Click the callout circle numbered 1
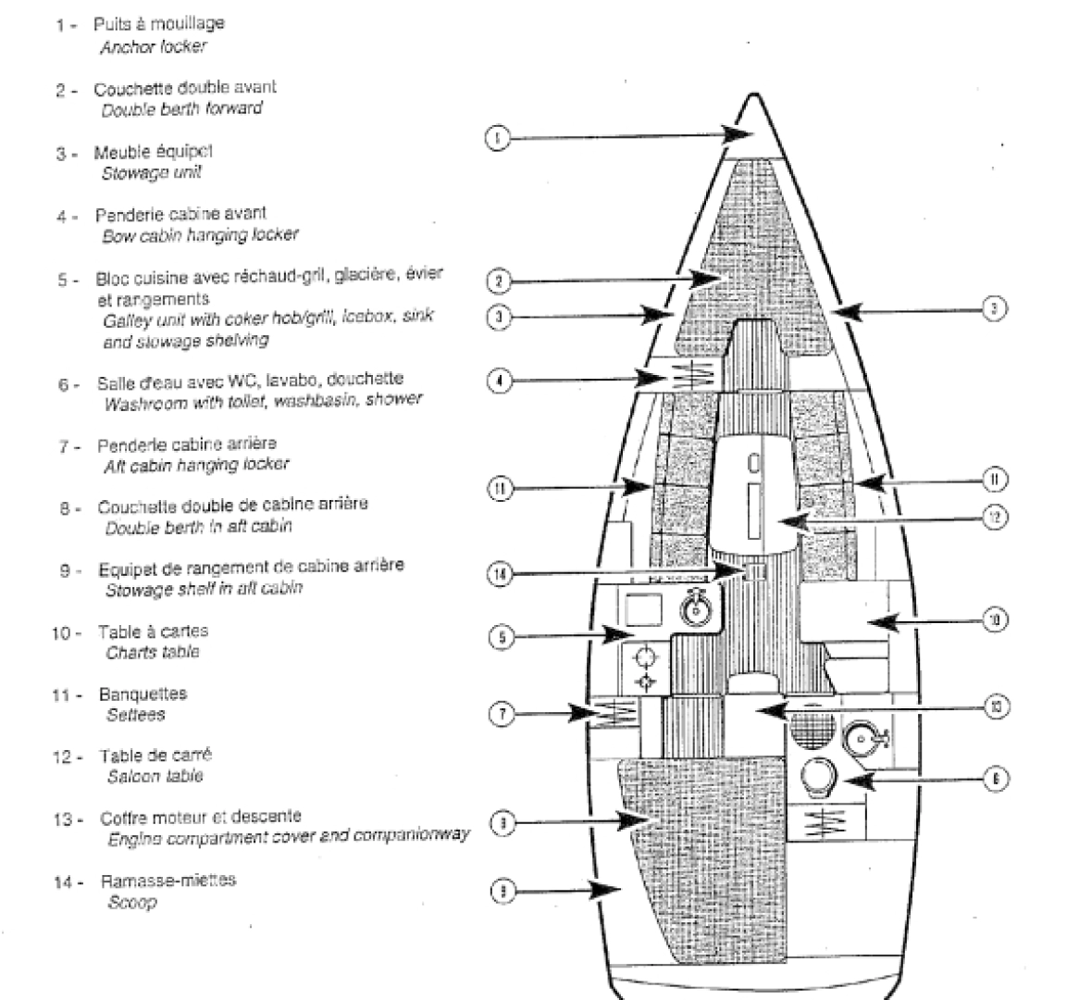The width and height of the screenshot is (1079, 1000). click(x=497, y=139)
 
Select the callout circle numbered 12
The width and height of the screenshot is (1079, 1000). click(x=994, y=518)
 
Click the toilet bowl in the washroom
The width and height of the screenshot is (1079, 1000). click(x=816, y=777)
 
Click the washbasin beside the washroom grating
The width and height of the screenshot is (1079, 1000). click(x=864, y=741)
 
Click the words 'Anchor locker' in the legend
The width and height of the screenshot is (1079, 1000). click(x=153, y=45)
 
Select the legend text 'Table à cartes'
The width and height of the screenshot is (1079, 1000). click(x=154, y=631)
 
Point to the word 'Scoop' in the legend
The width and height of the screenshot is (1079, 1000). click(x=132, y=902)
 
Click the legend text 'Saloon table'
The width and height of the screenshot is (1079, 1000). click(x=155, y=777)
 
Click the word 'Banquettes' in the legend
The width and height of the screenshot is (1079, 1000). click(x=143, y=694)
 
